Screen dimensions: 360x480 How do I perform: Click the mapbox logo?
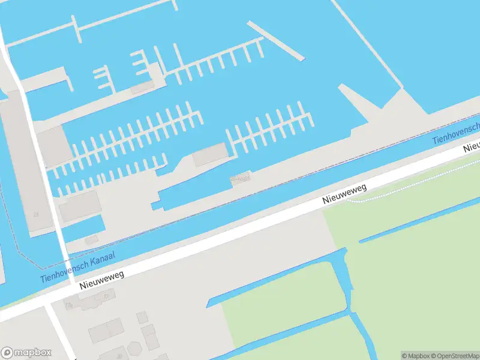coord(26,353)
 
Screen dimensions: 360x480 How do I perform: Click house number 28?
coord(36,214)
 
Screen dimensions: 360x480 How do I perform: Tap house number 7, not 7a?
coord(107,296)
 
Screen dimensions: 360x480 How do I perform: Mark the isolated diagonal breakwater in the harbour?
coord(275,40)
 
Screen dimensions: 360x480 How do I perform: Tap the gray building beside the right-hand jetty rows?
coord(209,154)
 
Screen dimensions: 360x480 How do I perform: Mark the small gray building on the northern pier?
coord(142,88)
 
